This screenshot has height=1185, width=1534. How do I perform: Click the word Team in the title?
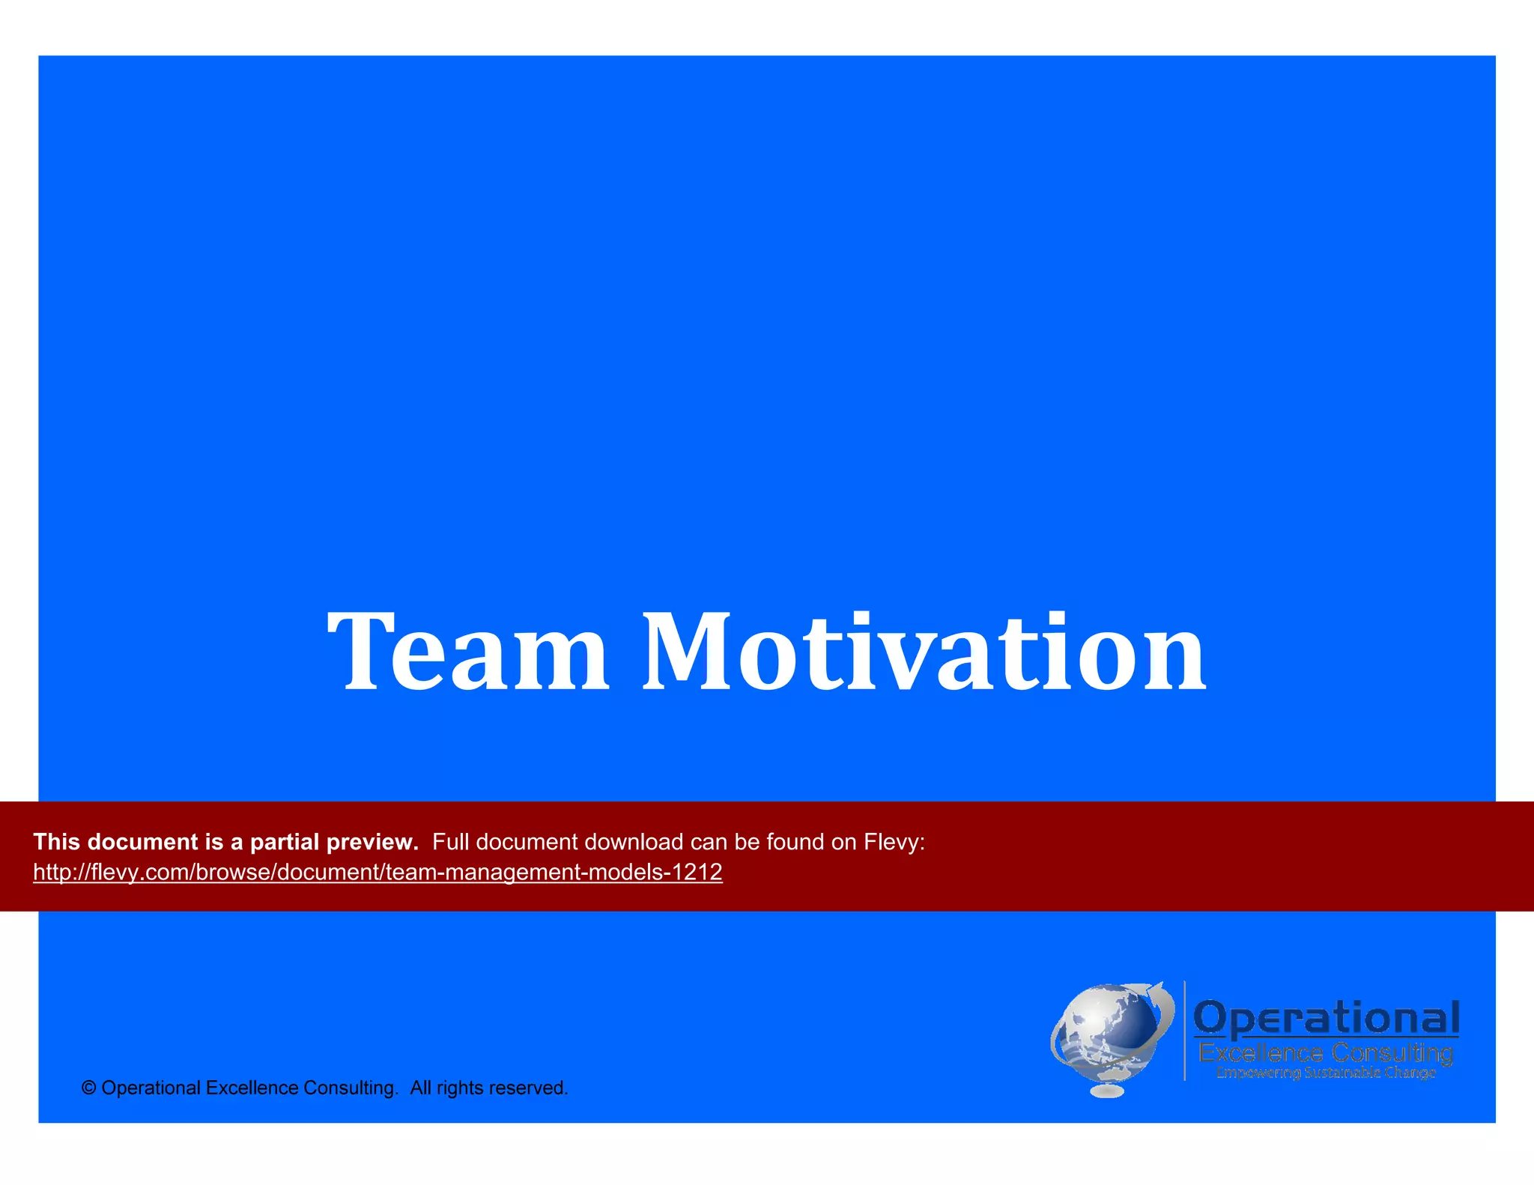tap(468, 651)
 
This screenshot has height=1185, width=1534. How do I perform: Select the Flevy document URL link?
tap(378, 872)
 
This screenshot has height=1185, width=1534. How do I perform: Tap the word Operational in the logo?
tap(1327, 1018)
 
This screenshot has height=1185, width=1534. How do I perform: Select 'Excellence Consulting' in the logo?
tap(1326, 1053)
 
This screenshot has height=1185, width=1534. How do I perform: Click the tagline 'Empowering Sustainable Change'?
tap(1326, 1073)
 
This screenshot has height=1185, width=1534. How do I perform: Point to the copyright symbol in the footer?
tap(88, 1088)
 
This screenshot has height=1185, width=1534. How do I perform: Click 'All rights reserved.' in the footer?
tap(489, 1088)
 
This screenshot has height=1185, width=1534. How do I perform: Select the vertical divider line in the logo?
tap(1184, 1031)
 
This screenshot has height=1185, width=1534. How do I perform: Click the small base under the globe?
tap(1107, 1091)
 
